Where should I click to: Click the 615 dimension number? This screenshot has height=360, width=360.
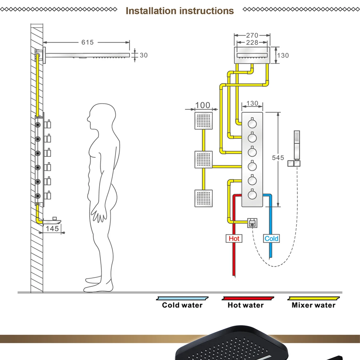click(87, 43)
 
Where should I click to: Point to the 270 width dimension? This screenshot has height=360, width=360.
click(252, 35)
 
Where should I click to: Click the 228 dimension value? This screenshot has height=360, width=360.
click(252, 43)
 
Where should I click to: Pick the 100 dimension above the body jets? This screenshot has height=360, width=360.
click(203, 105)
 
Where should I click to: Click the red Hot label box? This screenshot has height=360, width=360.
click(234, 239)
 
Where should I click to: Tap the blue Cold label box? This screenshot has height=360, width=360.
click(271, 239)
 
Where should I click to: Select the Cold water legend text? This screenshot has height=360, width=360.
click(182, 305)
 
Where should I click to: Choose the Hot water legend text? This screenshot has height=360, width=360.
click(246, 305)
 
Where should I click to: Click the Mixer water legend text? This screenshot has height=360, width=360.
click(313, 305)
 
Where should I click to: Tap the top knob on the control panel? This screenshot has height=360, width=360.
click(252, 124)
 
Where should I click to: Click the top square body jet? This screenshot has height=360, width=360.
click(203, 120)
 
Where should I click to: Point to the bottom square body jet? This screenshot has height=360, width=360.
click(203, 198)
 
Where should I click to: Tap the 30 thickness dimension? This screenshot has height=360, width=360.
click(144, 55)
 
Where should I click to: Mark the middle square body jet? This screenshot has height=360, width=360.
click(203, 159)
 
